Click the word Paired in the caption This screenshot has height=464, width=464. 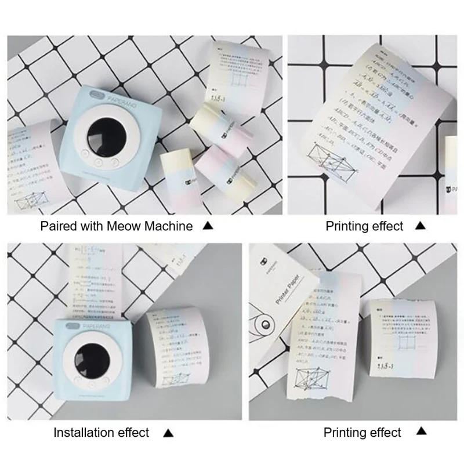click(57, 226)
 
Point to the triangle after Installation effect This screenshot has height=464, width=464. click(168, 432)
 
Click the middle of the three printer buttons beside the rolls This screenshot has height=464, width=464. click(99, 163)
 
